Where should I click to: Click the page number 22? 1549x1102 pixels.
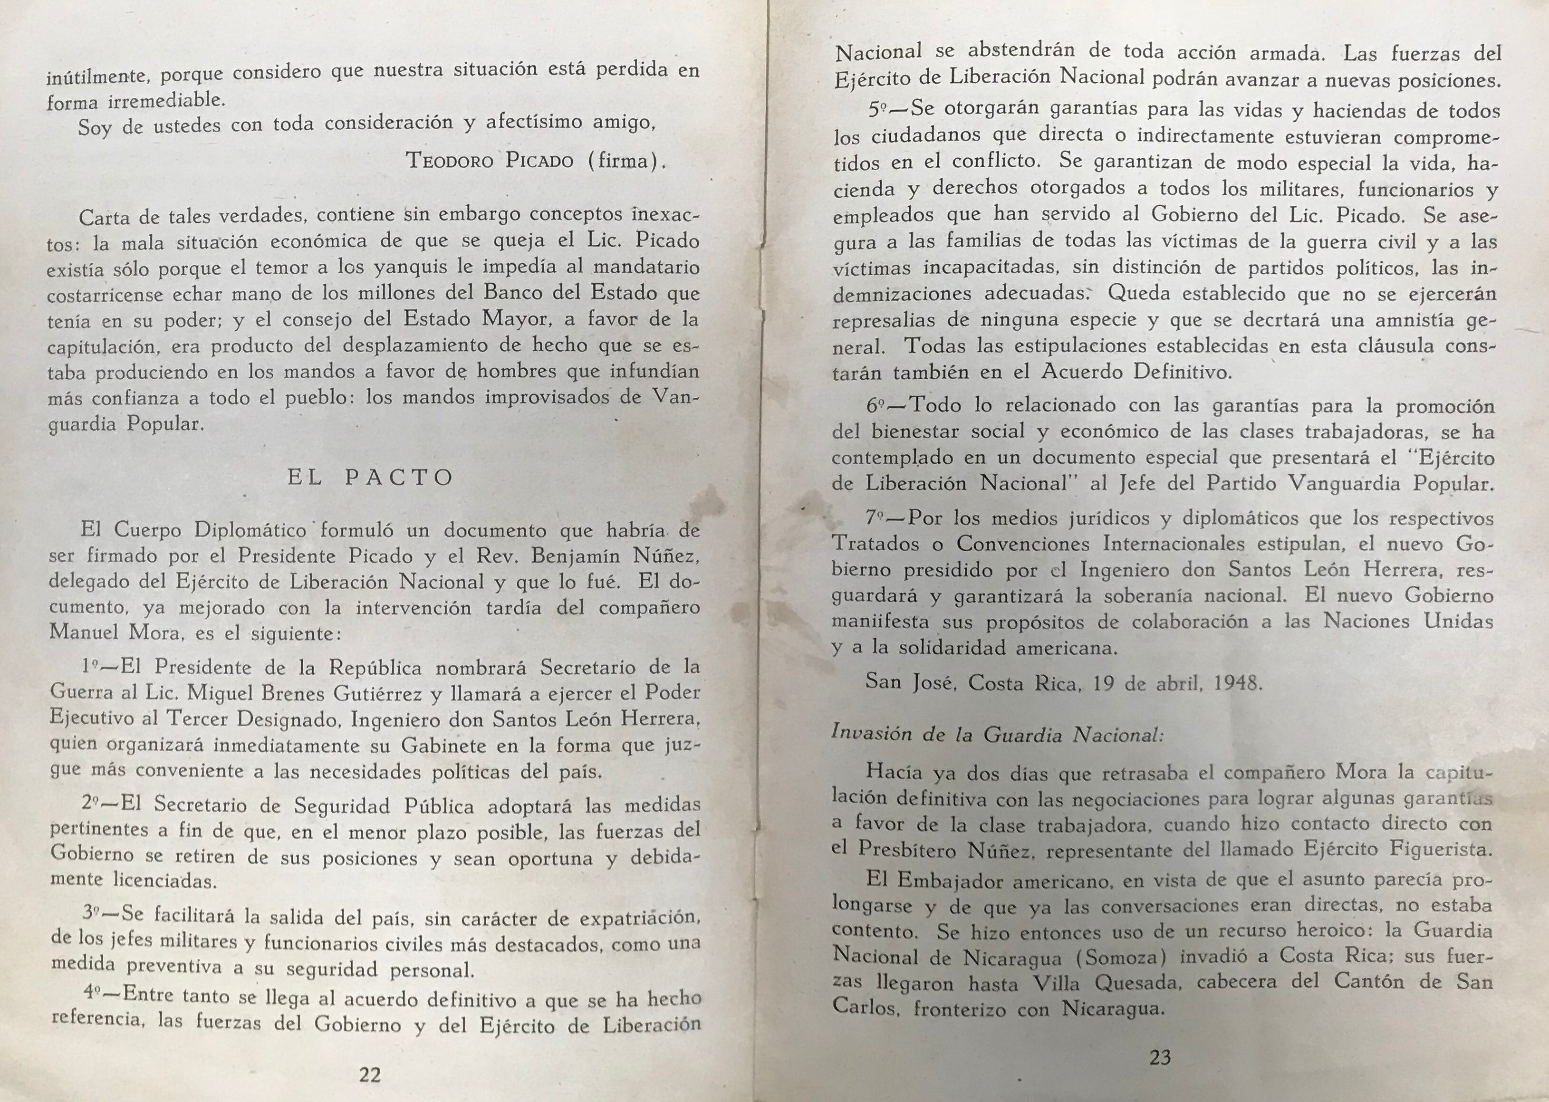369,1074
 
